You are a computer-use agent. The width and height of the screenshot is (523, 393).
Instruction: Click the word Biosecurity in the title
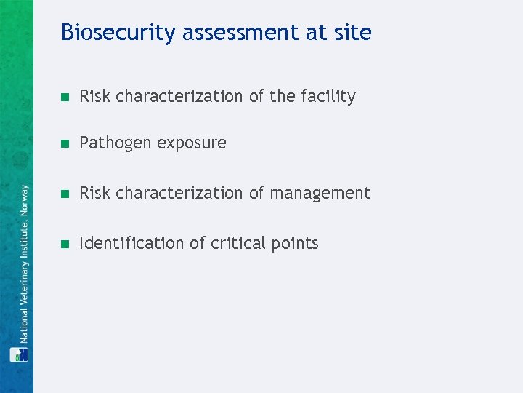[x=118, y=33]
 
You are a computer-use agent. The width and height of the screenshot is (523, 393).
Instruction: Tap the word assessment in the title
[x=246, y=33]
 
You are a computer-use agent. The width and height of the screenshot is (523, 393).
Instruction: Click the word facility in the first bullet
[x=328, y=96]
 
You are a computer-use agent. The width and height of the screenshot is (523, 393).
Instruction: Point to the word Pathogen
[x=111, y=143]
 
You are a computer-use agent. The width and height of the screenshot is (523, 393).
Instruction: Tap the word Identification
[x=132, y=243]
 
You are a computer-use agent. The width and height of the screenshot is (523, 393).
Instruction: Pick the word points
[x=295, y=243]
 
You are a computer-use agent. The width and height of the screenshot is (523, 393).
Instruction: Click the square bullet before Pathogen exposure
[x=65, y=143]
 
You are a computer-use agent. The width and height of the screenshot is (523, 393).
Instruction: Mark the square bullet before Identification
[x=65, y=244]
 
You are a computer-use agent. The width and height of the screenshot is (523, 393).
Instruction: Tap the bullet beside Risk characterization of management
[x=65, y=194]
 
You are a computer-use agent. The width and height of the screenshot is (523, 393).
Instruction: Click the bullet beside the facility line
[x=65, y=97]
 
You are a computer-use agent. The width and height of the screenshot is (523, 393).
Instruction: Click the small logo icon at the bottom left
[x=19, y=354]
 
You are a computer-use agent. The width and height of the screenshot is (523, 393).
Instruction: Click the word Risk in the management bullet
[x=94, y=193]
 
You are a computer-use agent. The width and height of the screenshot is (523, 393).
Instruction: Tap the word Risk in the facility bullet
[x=94, y=96]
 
